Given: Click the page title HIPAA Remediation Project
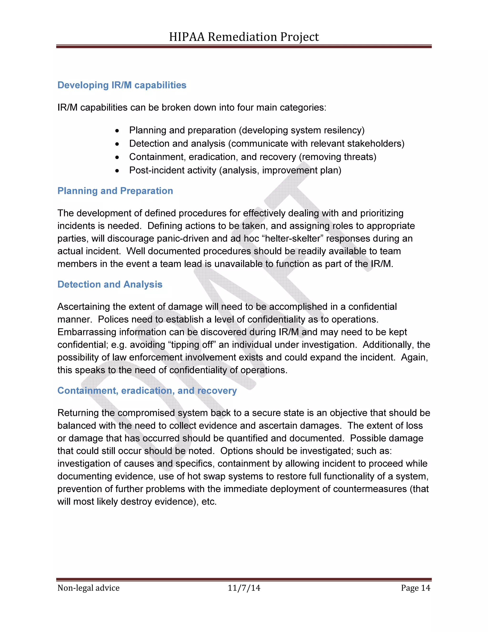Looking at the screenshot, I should point(244,37).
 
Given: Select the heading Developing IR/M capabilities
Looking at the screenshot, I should point(122,85).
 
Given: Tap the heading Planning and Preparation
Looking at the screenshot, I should point(115,191).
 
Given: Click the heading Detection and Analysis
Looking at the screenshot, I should point(110,284).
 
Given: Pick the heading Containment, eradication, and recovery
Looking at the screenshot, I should point(147,390).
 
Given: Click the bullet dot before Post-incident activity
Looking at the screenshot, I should point(117,171).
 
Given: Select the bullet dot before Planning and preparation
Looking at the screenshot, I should point(117,131).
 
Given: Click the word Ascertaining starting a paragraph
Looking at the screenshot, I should point(84,306).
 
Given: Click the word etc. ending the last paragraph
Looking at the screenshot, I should point(209,502).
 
